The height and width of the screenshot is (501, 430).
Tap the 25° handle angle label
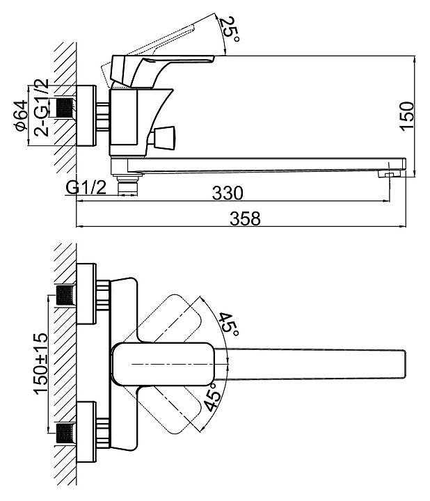(230, 29)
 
